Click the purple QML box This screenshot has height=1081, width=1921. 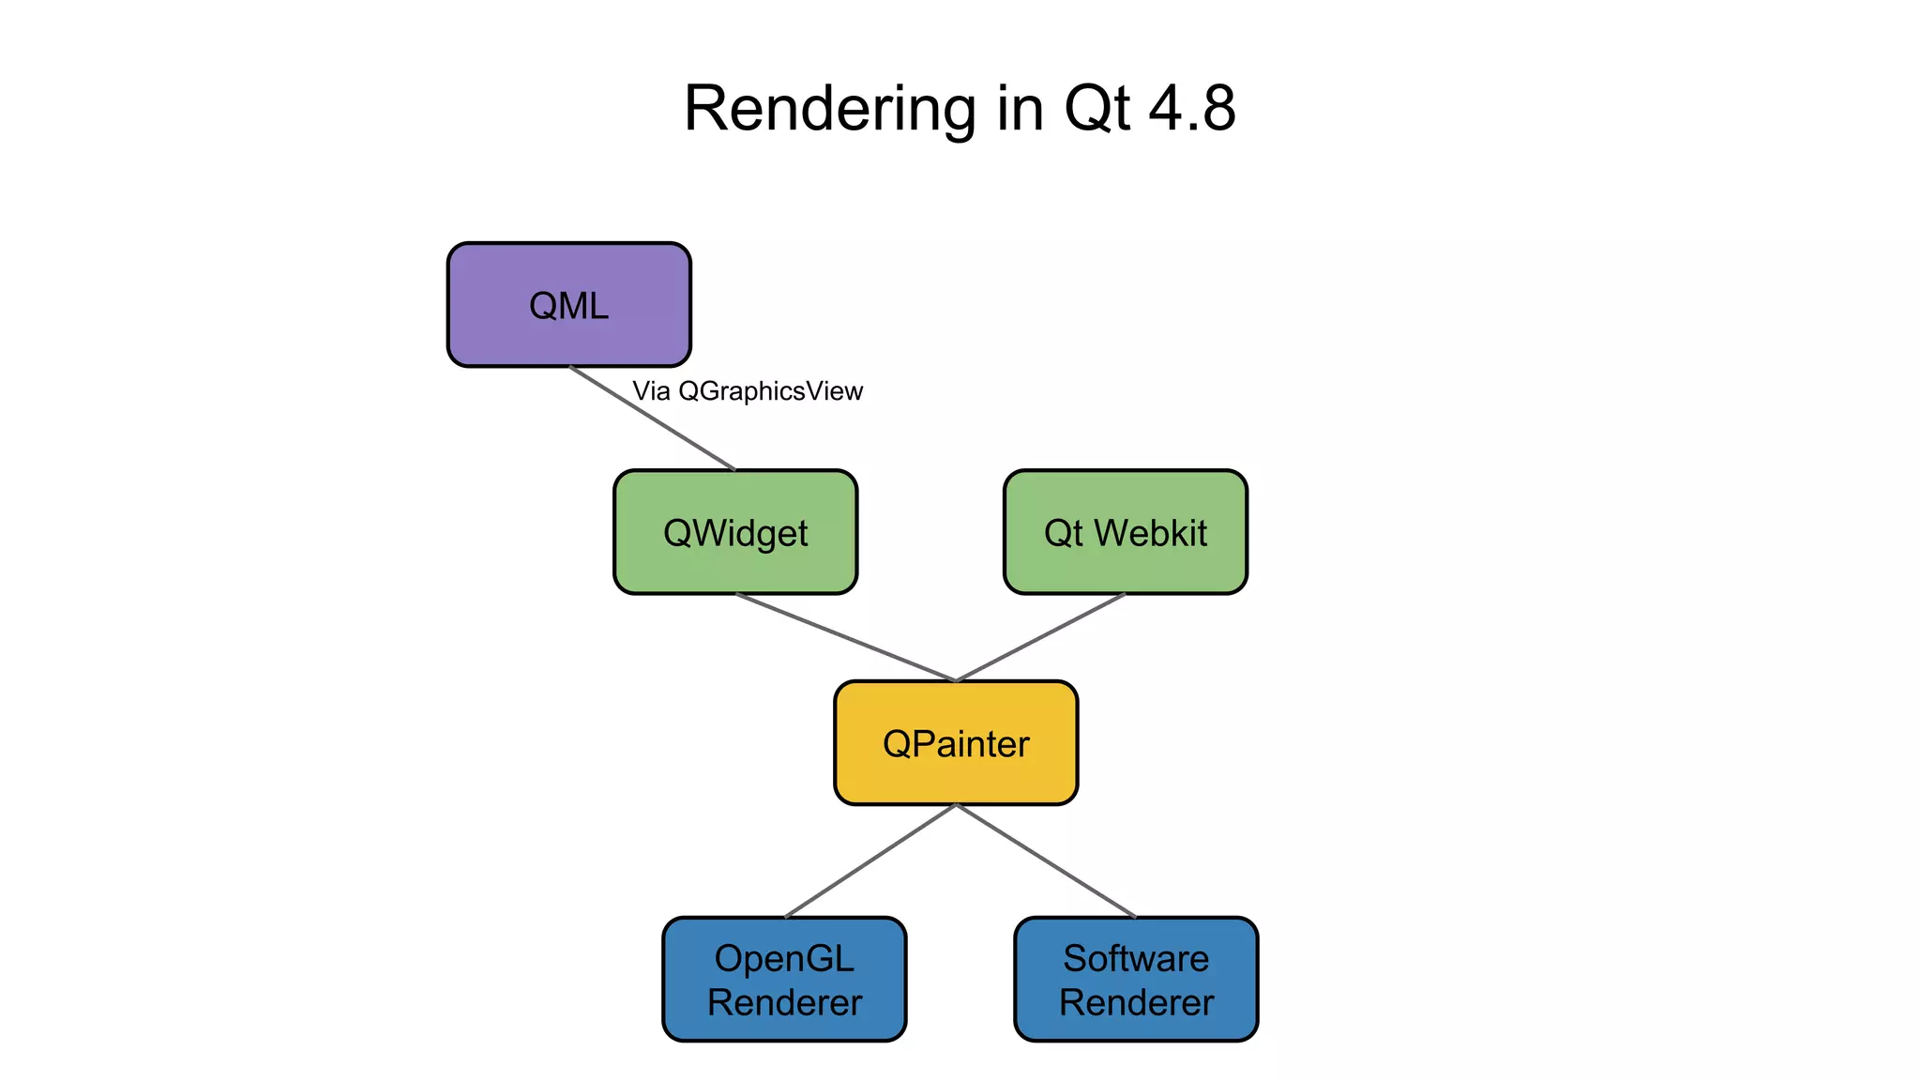click(568, 305)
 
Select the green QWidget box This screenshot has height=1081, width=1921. click(735, 532)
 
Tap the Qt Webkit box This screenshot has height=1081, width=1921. click(1125, 532)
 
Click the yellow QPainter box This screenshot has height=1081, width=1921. click(956, 743)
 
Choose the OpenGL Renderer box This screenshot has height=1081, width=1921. click(784, 980)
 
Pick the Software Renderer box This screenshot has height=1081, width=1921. click(1136, 980)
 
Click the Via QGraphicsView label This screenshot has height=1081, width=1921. click(747, 391)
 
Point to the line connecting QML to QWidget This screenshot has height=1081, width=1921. click(653, 419)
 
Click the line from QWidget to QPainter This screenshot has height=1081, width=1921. click(844, 637)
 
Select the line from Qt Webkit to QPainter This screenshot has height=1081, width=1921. click(1039, 637)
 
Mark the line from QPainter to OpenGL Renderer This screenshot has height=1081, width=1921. click(870, 860)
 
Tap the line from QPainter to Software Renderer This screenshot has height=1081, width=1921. click(1046, 860)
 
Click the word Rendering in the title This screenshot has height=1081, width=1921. click(830, 109)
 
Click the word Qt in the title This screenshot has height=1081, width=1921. click(1096, 109)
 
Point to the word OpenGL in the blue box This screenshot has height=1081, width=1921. click(784, 958)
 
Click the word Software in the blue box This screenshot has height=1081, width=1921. click(1136, 958)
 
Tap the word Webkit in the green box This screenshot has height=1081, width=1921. click(1151, 532)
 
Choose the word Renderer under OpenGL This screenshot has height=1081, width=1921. click(784, 1002)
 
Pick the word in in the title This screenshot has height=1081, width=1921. click(1021, 109)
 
